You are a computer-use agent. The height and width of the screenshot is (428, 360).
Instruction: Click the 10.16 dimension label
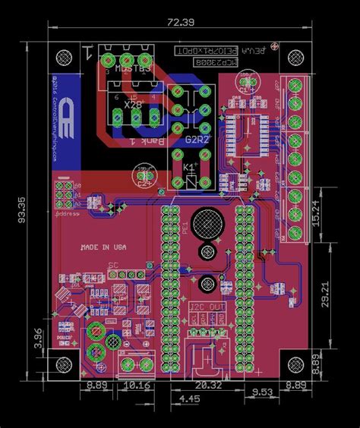(x=137, y=385)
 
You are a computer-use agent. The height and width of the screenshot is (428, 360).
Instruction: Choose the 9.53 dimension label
(x=263, y=392)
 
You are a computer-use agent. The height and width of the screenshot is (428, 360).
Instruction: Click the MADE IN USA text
(x=104, y=247)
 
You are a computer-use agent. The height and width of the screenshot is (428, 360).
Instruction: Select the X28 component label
(x=134, y=105)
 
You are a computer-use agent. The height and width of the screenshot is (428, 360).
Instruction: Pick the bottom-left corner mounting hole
(x=66, y=365)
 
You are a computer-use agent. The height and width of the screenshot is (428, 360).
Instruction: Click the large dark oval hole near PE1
(x=207, y=222)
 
